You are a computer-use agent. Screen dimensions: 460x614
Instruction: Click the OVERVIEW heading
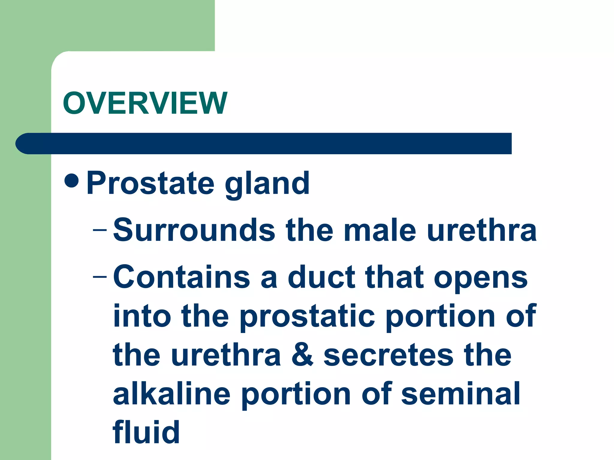pos(145,103)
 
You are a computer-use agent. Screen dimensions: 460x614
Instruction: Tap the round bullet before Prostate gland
pos(71,180)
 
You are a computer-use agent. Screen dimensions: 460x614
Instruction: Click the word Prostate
pos(150,183)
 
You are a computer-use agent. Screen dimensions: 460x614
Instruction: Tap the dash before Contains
pos(100,276)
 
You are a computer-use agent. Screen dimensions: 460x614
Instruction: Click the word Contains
pos(181,277)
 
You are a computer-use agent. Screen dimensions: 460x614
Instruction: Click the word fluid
pos(146,432)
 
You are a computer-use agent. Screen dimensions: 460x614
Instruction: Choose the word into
pos(142,316)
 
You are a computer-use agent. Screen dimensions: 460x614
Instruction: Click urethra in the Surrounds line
pos(482,230)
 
